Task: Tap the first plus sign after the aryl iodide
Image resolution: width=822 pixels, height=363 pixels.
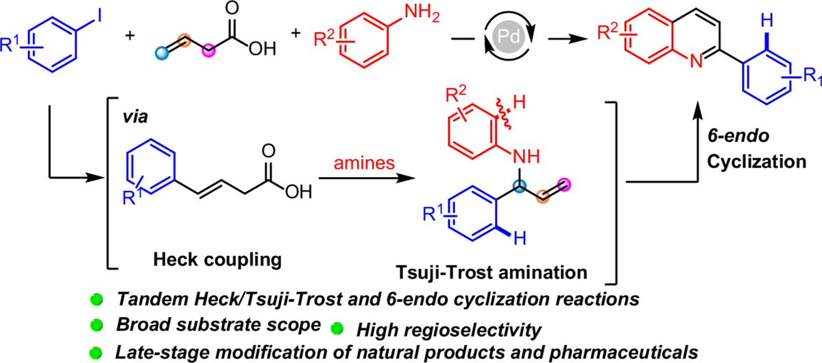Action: pos(127,34)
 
